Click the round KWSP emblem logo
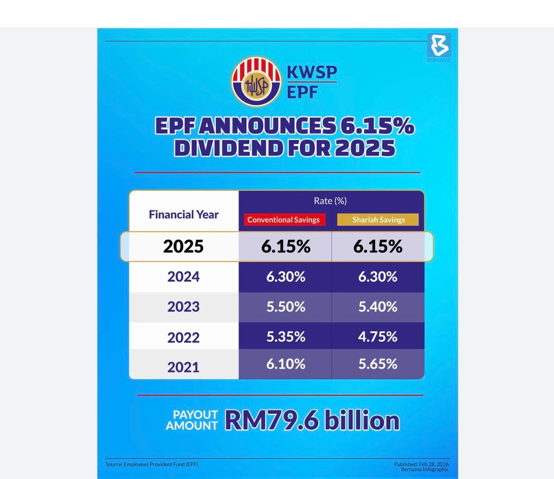[x=256, y=82]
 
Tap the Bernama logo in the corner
[x=439, y=46]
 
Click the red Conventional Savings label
[x=284, y=220]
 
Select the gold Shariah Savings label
[x=378, y=220]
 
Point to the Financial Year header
[x=183, y=215]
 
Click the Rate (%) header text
[x=330, y=201]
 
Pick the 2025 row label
[x=183, y=247]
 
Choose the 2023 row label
[x=183, y=307]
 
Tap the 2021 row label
[x=183, y=367]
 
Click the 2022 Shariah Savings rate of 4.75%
[x=378, y=337]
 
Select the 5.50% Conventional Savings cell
[x=285, y=307]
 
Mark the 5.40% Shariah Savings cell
[x=378, y=307]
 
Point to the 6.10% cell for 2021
[x=285, y=364]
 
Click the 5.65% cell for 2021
[x=378, y=364]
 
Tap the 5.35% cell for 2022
[x=285, y=337]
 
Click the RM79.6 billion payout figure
[x=312, y=420]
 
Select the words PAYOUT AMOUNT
[x=192, y=420]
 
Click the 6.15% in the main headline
[x=377, y=126]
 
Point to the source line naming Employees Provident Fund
[x=152, y=464]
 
